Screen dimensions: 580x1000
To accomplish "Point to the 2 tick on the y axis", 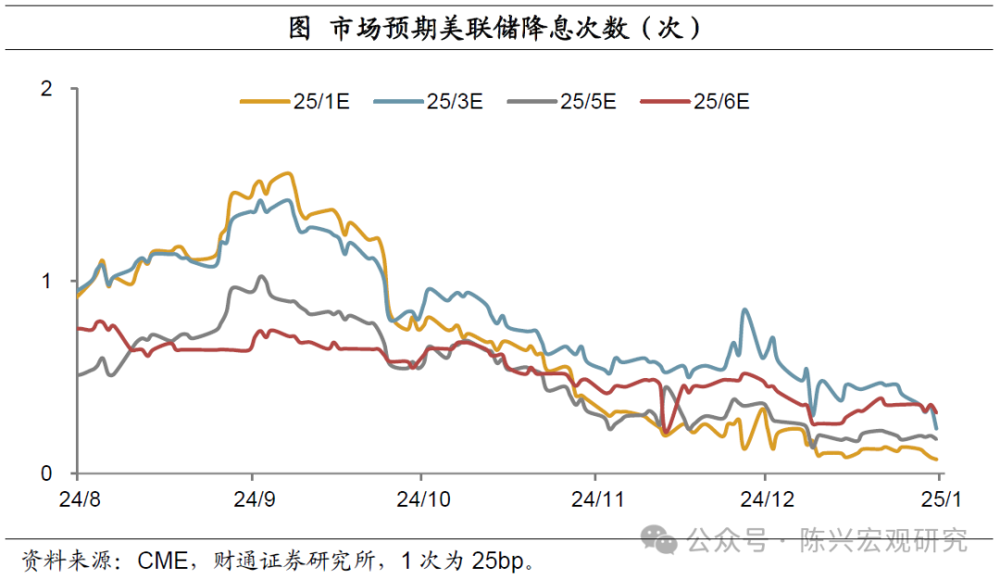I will pyautogui.click(x=47, y=89).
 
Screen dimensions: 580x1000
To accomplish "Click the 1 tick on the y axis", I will pyautogui.click(x=47, y=281).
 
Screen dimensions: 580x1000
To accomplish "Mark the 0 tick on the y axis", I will pyautogui.click(x=47, y=473).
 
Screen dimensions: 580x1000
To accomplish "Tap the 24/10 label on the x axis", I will pyautogui.click(x=422, y=499).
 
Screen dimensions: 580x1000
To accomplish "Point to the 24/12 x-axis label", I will pyautogui.click(x=767, y=499).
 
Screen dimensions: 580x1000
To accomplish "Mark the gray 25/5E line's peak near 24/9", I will pyautogui.click(x=261, y=276).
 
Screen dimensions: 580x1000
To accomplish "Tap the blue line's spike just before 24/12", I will pyautogui.click(x=744, y=310).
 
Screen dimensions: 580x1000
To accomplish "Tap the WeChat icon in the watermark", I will pyautogui.click(x=661, y=538).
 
